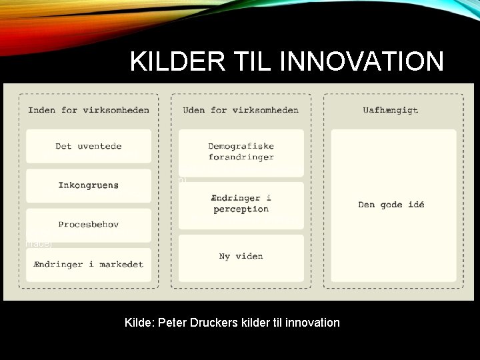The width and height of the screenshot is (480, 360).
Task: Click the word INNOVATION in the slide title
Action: [x=363, y=61]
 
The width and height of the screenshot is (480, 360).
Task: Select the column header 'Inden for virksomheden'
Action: [x=89, y=110]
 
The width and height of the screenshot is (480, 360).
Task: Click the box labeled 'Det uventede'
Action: [x=89, y=146]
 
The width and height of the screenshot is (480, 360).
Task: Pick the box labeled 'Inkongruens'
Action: [x=89, y=185]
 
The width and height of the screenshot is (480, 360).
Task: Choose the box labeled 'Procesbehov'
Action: [x=89, y=225]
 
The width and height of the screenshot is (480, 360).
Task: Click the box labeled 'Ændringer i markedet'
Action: [x=89, y=264]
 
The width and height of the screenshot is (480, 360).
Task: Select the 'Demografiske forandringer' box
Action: [x=241, y=151]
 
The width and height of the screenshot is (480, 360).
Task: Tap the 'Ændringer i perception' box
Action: [x=241, y=203]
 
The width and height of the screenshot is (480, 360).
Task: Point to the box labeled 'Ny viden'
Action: [x=241, y=256]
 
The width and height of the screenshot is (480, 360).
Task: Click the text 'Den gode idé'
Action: [x=391, y=205]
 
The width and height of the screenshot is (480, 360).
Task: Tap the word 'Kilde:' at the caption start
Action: [x=140, y=323]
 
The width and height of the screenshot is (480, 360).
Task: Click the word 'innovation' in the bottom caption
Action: [x=313, y=323]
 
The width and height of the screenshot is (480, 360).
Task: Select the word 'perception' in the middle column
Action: [x=241, y=209]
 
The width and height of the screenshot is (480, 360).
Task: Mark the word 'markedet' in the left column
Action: [x=121, y=264]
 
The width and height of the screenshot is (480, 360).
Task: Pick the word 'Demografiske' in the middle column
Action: [x=241, y=146]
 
